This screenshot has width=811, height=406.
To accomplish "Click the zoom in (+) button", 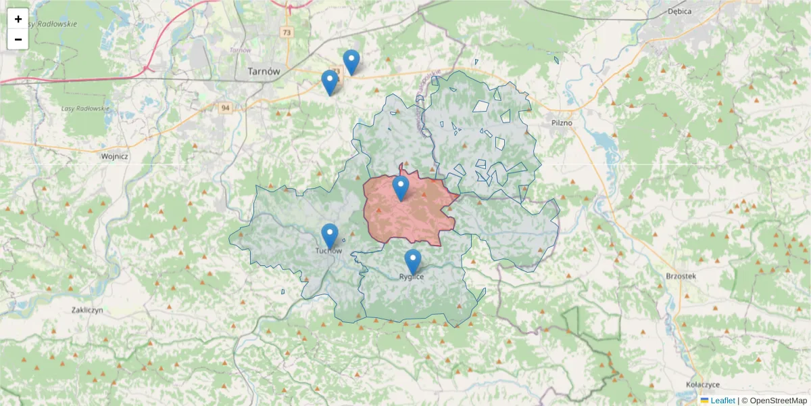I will [x=18, y=19].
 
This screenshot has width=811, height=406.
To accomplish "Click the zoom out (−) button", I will [x=18, y=39].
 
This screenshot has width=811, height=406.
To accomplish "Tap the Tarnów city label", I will [x=264, y=71].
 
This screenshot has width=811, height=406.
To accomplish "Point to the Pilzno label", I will [x=562, y=123].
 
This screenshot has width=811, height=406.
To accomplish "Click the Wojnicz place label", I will [x=114, y=156].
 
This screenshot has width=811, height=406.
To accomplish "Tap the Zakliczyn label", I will [x=87, y=310].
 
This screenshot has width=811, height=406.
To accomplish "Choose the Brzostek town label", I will [x=681, y=276].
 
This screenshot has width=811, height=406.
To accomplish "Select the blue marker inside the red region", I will [x=401, y=188].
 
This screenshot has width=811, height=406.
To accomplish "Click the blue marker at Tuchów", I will [x=330, y=236].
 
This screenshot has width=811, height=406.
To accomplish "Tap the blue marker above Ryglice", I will [x=413, y=261].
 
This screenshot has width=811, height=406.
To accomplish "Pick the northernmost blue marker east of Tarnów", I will [x=351, y=62].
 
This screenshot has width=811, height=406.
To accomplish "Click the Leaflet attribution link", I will [x=722, y=401].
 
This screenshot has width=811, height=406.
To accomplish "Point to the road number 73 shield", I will [x=287, y=32].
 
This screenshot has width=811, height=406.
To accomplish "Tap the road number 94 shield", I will [x=225, y=108].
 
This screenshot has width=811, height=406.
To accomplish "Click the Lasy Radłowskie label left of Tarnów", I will [x=85, y=108].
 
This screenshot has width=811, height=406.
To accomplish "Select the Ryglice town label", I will [x=411, y=276].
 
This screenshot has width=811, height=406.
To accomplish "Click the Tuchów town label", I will [x=328, y=251].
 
